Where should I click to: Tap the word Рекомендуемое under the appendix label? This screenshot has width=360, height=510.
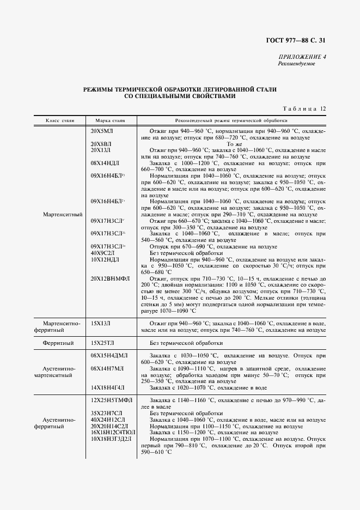point(296,63)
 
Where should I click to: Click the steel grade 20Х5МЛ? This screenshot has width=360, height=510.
point(102,132)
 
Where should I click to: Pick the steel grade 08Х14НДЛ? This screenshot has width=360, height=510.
point(105,163)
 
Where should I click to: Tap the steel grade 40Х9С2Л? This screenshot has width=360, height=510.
point(103,253)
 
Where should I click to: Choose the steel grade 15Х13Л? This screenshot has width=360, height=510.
point(101,324)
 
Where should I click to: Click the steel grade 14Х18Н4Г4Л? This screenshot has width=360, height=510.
point(108,387)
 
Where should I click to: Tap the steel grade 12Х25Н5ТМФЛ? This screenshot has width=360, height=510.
point(109,400)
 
